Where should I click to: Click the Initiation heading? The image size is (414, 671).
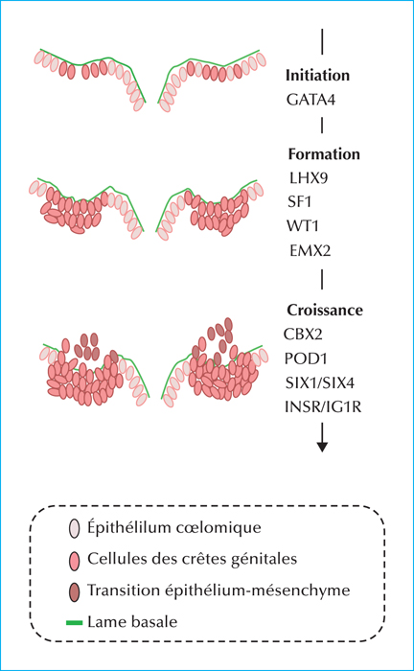[x=317, y=76]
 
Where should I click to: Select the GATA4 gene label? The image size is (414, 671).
[x=310, y=100]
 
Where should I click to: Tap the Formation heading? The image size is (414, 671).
[x=324, y=154]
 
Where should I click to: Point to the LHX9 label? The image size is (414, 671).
[x=309, y=177]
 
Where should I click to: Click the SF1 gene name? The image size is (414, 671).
[x=299, y=201]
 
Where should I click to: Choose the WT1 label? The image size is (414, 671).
[x=303, y=225]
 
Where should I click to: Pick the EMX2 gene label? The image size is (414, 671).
[x=310, y=250]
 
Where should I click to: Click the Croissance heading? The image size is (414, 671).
[x=325, y=310]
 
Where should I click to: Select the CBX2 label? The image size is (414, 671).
[x=303, y=334]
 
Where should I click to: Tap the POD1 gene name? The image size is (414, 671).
[x=306, y=359]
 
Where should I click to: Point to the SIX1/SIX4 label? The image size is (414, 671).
[x=320, y=382]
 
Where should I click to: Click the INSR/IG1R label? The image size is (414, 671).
[x=323, y=406]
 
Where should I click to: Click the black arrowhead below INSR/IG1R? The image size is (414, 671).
[x=322, y=447]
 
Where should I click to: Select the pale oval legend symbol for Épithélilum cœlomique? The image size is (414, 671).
[x=75, y=529]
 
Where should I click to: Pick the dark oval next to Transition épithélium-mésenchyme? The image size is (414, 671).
[x=75, y=592]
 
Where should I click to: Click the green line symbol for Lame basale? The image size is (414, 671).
[x=74, y=623]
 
